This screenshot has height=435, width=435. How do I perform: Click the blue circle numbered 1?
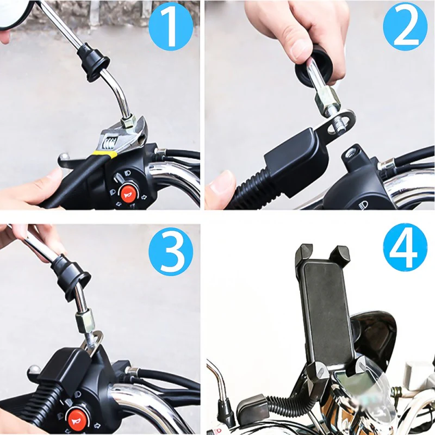[171, 27]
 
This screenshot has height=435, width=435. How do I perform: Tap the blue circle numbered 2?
[405, 27]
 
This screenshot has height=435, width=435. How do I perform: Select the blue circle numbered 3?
[171, 252]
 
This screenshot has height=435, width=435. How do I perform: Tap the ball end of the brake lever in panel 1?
[64, 157]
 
